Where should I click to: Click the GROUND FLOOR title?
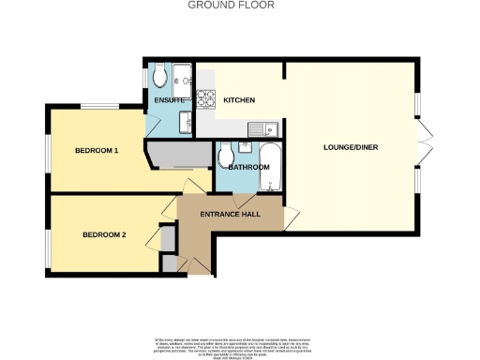coord(240,5)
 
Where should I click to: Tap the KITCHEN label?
coord(239,100)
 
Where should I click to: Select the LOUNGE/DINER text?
coord(350,148)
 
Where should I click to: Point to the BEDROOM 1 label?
coord(97,151)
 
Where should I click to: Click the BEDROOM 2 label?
coord(103,234)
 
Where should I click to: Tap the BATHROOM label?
coord(248,167)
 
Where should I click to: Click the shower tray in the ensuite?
coord(182,74)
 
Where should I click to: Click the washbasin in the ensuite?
coord(187,121)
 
